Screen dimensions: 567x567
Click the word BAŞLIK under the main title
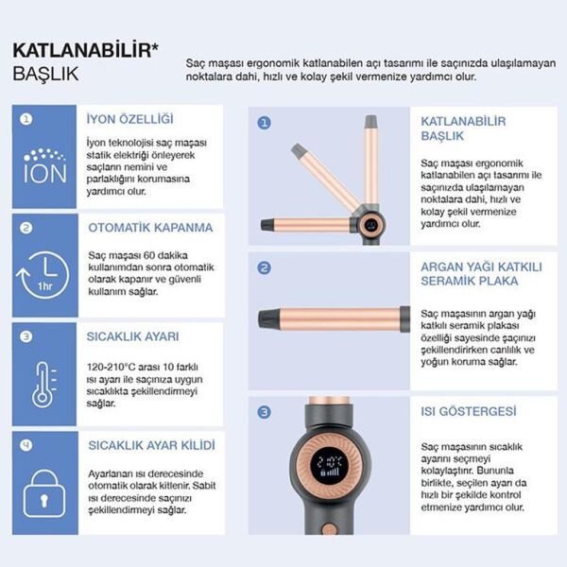(x=45, y=73)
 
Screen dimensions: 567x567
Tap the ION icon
(x=44, y=167)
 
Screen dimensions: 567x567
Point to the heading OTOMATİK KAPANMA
(x=150, y=228)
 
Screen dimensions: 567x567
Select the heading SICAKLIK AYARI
(x=135, y=335)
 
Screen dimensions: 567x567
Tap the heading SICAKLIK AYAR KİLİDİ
(x=151, y=444)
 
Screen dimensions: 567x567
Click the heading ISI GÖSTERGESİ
(x=468, y=412)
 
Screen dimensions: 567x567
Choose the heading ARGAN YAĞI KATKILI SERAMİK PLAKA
(x=481, y=273)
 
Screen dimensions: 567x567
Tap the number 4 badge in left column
(x=26, y=442)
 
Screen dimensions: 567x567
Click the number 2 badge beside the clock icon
(x=26, y=227)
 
